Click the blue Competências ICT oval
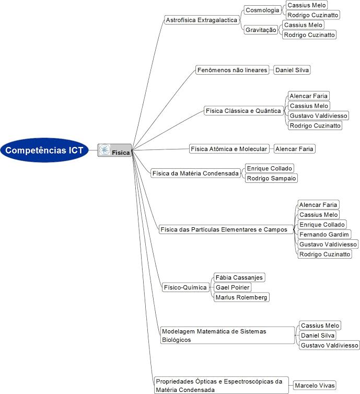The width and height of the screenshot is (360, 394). (x=44, y=150)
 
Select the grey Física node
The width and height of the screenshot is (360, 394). (x=114, y=150)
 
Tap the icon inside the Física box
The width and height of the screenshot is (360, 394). (x=104, y=150)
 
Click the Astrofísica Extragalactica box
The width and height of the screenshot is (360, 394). (x=202, y=20)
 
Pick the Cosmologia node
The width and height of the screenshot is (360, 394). (x=262, y=10)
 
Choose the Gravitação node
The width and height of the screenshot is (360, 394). (x=261, y=30)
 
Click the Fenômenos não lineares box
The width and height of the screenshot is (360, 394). (x=232, y=70)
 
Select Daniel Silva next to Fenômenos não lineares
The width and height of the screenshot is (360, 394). (x=292, y=70)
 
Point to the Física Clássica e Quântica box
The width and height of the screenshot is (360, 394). (x=243, y=111)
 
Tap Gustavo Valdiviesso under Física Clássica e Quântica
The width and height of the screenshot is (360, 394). (x=318, y=115)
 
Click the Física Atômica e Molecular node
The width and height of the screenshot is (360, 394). (x=229, y=149)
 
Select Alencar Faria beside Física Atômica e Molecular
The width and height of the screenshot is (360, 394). (x=294, y=149)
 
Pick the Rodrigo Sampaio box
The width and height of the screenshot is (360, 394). (x=271, y=178)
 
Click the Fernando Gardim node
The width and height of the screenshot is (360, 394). (x=324, y=235)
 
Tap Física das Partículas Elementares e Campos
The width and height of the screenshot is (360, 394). (x=224, y=229)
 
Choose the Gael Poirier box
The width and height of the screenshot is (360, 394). (x=233, y=287)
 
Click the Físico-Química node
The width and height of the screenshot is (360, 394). (x=185, y=287)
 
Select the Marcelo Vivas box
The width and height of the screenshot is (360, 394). (x=315, y=385)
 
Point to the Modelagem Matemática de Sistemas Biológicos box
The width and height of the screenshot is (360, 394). (x=227, y=335)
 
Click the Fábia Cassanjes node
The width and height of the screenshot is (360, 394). (x=239, y=277)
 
